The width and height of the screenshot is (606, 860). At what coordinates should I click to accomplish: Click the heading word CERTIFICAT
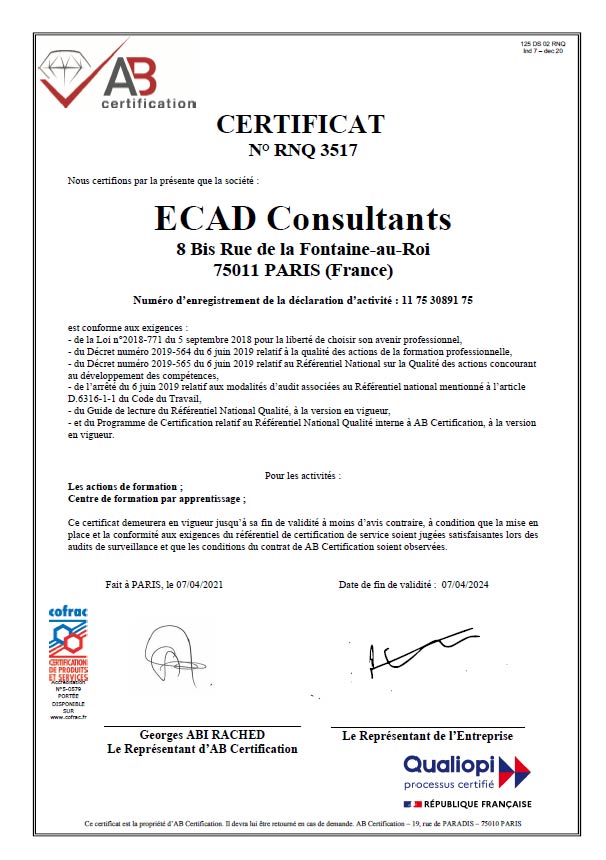coord(301,124)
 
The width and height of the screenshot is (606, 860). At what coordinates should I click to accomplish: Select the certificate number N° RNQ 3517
coord(301,152)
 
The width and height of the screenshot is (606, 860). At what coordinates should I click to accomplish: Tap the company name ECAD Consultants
coord(302,217)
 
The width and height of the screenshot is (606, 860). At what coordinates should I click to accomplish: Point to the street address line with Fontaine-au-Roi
coord(302,249)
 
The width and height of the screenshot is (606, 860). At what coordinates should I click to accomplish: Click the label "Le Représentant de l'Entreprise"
coord(427,735)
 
